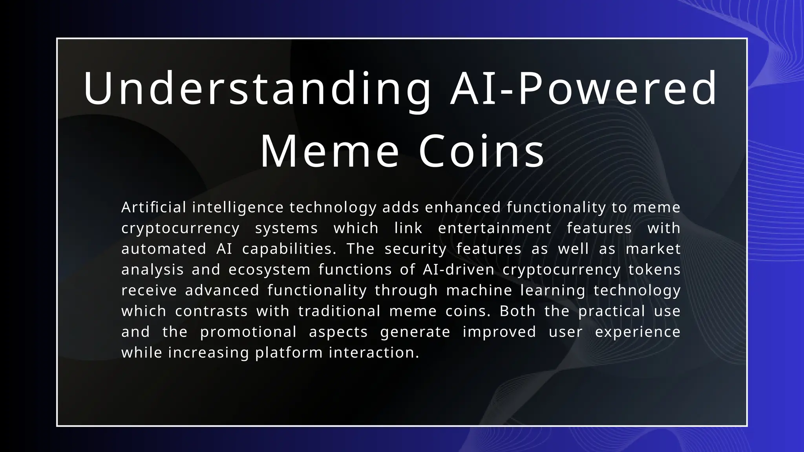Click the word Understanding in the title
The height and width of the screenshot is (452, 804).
tap(257, 89)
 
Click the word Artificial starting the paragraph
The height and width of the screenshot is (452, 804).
tap(153, 207)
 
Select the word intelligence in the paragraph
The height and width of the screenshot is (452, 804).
tap(238, 207)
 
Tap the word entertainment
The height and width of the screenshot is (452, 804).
tap(495, 228)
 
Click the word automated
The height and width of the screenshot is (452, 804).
tap(164, 249)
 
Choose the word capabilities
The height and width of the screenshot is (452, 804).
tap(289, 249)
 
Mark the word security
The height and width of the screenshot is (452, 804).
tap(415, 249)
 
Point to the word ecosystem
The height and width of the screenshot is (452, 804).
tap(269, 270)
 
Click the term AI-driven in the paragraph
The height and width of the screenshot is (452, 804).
tap(459, 270)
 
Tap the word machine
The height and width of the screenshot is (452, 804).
tap(479, 290)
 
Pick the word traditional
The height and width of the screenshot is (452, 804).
tap(339, 311)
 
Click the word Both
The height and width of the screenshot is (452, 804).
tap(517, 311)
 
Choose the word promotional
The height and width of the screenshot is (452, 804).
tap(248, 332)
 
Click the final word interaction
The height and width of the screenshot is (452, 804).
tap(374, 353)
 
